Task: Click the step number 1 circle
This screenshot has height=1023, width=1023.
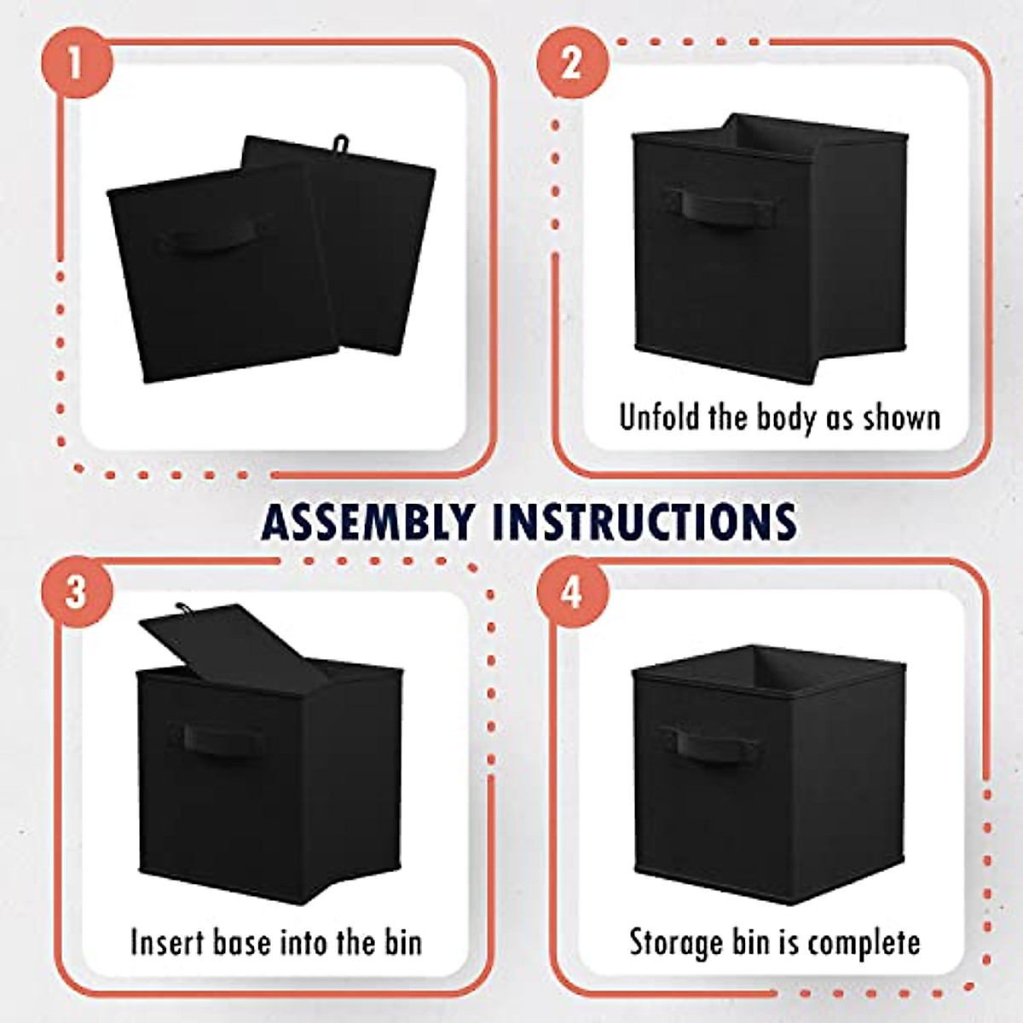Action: [76, 63]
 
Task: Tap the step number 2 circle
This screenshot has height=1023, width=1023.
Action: [572, 63]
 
